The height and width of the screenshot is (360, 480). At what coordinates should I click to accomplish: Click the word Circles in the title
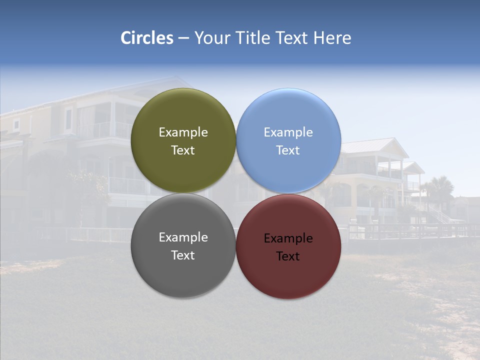[x=146, y=38]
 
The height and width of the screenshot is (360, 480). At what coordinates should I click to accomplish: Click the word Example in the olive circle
[x=183, y=132]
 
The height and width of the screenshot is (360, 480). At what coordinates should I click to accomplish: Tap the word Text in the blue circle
[x=288, y=150]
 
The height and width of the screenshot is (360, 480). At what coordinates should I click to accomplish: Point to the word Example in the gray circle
[x=183, y=237]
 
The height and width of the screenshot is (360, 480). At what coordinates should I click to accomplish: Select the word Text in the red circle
[x=288, y=256]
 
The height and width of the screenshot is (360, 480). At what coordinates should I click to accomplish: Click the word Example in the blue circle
[x=288, y=132]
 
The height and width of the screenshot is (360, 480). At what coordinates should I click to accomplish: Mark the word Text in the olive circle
[x=183, y=150]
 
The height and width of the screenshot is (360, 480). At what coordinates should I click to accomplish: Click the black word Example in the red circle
[x=288, y=238]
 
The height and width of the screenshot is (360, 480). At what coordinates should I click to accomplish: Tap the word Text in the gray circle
[x=183, y=255]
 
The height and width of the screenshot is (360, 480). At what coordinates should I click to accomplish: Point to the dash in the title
[x=183, y=38]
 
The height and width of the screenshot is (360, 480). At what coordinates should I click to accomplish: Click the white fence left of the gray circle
[x=98, y=234]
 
